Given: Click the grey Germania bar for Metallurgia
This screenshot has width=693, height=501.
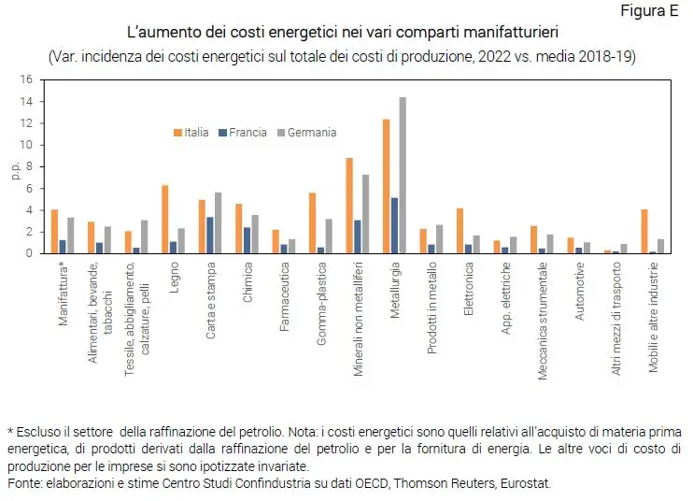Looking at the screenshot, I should click(x=403, y=176).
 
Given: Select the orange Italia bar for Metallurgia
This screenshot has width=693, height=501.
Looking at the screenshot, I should click(x=386, y=186).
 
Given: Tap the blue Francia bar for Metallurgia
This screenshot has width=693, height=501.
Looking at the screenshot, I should click(x=394, y=225).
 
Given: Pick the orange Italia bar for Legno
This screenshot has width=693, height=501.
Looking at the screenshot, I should click(x=164, y=219).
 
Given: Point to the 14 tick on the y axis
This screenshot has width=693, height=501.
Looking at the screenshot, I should click(x=28, y=102).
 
